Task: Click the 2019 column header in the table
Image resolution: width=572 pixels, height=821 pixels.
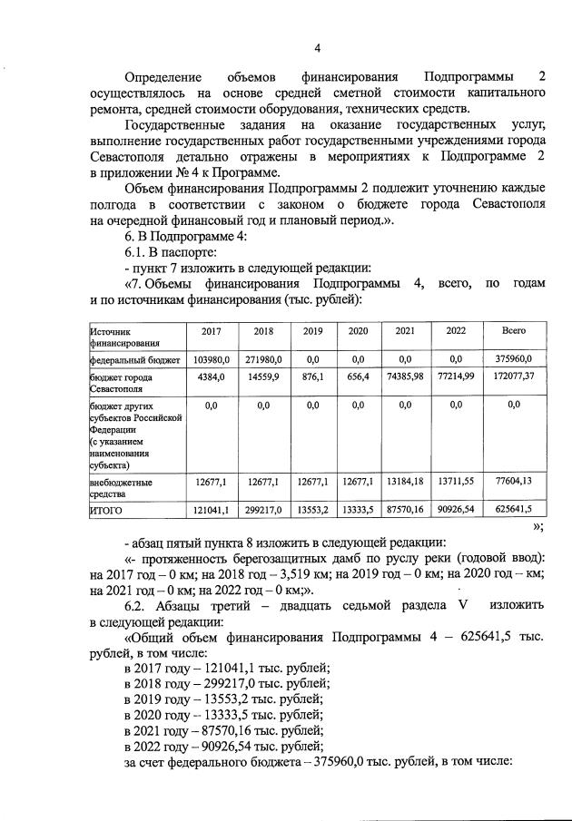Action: point(312,331)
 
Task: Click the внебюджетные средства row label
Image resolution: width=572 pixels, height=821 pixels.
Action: point(120,488)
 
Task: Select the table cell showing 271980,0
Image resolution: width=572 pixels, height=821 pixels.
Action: point(263,360)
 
